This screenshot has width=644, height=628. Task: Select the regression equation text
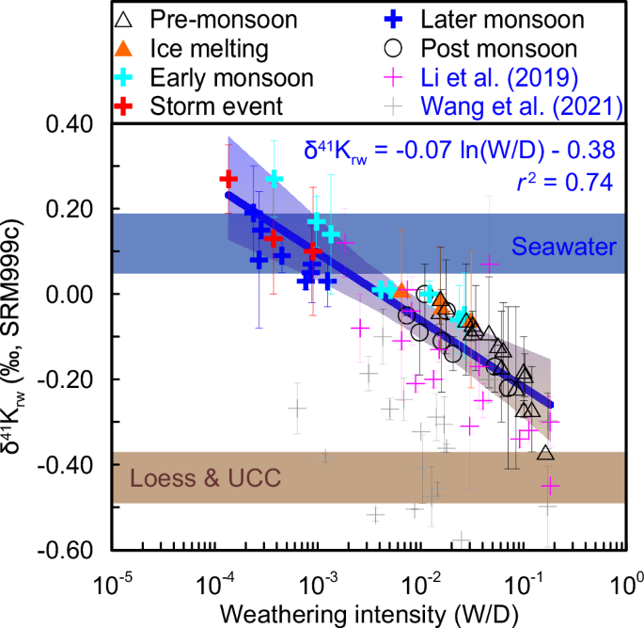[459, 150]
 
